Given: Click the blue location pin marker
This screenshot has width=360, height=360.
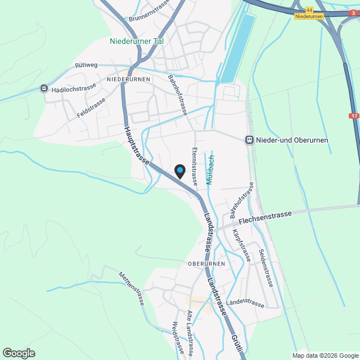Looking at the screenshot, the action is coord(179,171).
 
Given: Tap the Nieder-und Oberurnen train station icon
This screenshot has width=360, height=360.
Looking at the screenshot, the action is coord(249,139).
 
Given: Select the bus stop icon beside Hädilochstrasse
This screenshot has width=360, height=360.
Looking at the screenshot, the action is coord(44,88).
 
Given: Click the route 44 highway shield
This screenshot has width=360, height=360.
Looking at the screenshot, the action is coord(309,10).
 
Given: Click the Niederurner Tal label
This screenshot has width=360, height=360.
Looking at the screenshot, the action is coord(137,41).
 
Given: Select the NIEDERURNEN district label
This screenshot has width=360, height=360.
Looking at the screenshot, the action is coord(128,79).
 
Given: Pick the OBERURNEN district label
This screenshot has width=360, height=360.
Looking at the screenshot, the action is coord(206,263).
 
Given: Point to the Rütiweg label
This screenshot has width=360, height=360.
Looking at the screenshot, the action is coord(86,65).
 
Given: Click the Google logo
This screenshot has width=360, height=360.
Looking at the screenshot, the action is coord(19,353).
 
